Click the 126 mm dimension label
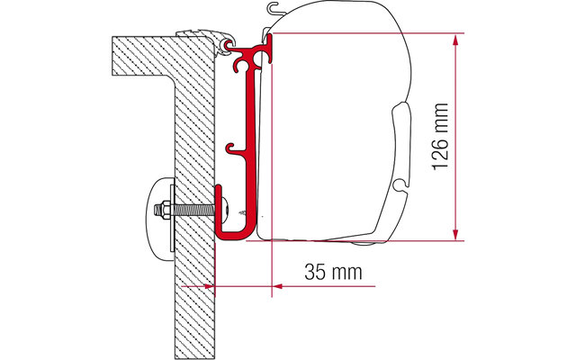coord(440,137)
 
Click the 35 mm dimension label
coord(333,272)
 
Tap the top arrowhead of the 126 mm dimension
coord(455,40)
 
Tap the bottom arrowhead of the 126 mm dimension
coord(455,234)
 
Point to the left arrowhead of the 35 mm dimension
coord(209,286)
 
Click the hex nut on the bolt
coord(164,211)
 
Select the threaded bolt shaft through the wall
coord(192,211)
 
